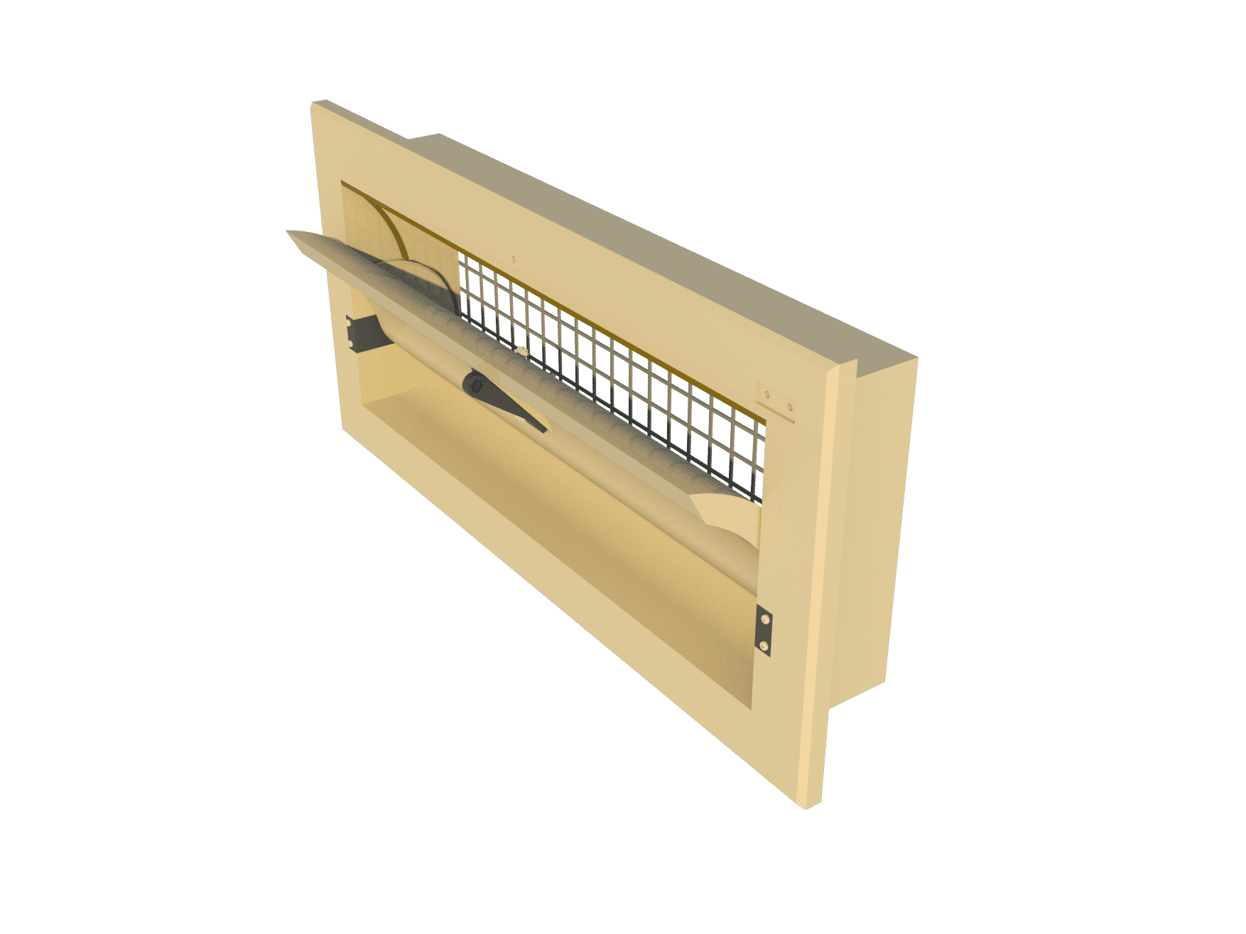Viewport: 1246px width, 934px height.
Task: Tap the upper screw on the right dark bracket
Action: point(764,620)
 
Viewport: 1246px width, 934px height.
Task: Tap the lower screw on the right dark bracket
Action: point(764,644)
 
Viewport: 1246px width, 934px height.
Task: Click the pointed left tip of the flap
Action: point(286,231)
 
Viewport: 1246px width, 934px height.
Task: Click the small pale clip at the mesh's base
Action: point(521,351)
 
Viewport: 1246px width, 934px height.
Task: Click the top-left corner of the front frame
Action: point(313,103)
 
